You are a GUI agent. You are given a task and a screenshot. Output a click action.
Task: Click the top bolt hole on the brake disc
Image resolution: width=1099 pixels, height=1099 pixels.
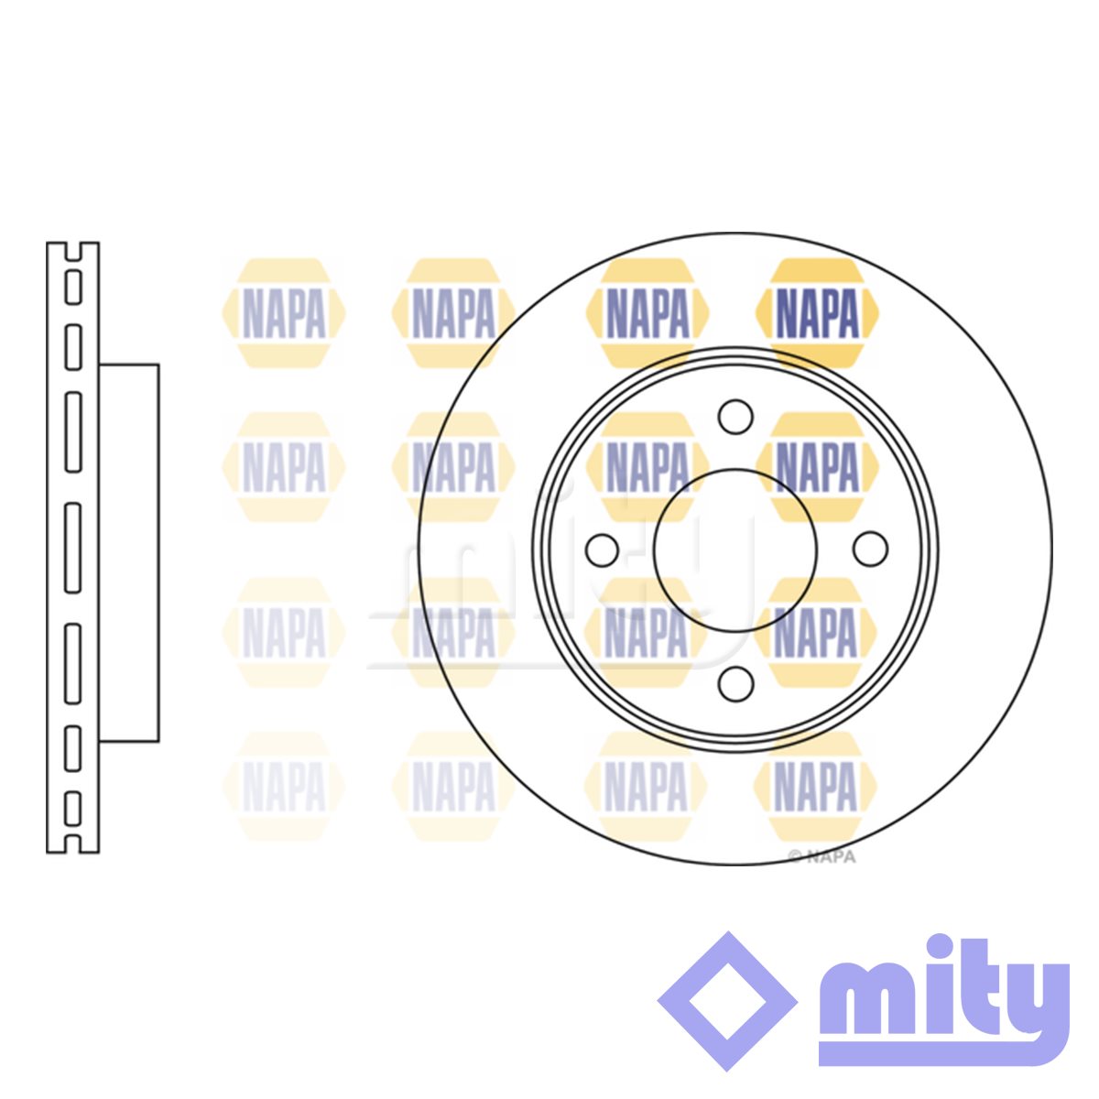[735, 417]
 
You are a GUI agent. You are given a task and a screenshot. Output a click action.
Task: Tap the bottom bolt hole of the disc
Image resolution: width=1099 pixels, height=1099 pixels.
[735, 684]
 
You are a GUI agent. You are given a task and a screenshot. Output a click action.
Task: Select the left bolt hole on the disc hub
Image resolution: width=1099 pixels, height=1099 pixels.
[602, 551]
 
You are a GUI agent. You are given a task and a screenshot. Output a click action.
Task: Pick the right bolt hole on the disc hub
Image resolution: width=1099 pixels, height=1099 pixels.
[870, 549]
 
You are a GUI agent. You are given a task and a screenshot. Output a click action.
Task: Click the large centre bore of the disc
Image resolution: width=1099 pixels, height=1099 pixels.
[735, 551]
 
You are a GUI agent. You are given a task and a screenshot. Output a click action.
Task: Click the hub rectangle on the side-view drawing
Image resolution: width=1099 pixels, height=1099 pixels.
[129, 552]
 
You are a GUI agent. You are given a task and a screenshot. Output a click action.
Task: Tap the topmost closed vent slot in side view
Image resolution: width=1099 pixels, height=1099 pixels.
[73, 288]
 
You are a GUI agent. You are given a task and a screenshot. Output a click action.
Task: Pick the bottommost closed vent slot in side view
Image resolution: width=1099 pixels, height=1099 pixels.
[72, 810]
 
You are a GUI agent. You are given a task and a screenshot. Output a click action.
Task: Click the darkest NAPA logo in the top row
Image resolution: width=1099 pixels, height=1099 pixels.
[817, 313]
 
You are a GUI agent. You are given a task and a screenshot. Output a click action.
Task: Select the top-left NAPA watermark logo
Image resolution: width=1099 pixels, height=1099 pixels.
[283, 313]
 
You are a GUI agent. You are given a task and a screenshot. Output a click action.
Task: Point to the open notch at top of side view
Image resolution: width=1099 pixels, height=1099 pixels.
[73, 252]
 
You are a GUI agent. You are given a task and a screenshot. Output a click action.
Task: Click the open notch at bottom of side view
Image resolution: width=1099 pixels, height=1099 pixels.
[72, 844]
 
